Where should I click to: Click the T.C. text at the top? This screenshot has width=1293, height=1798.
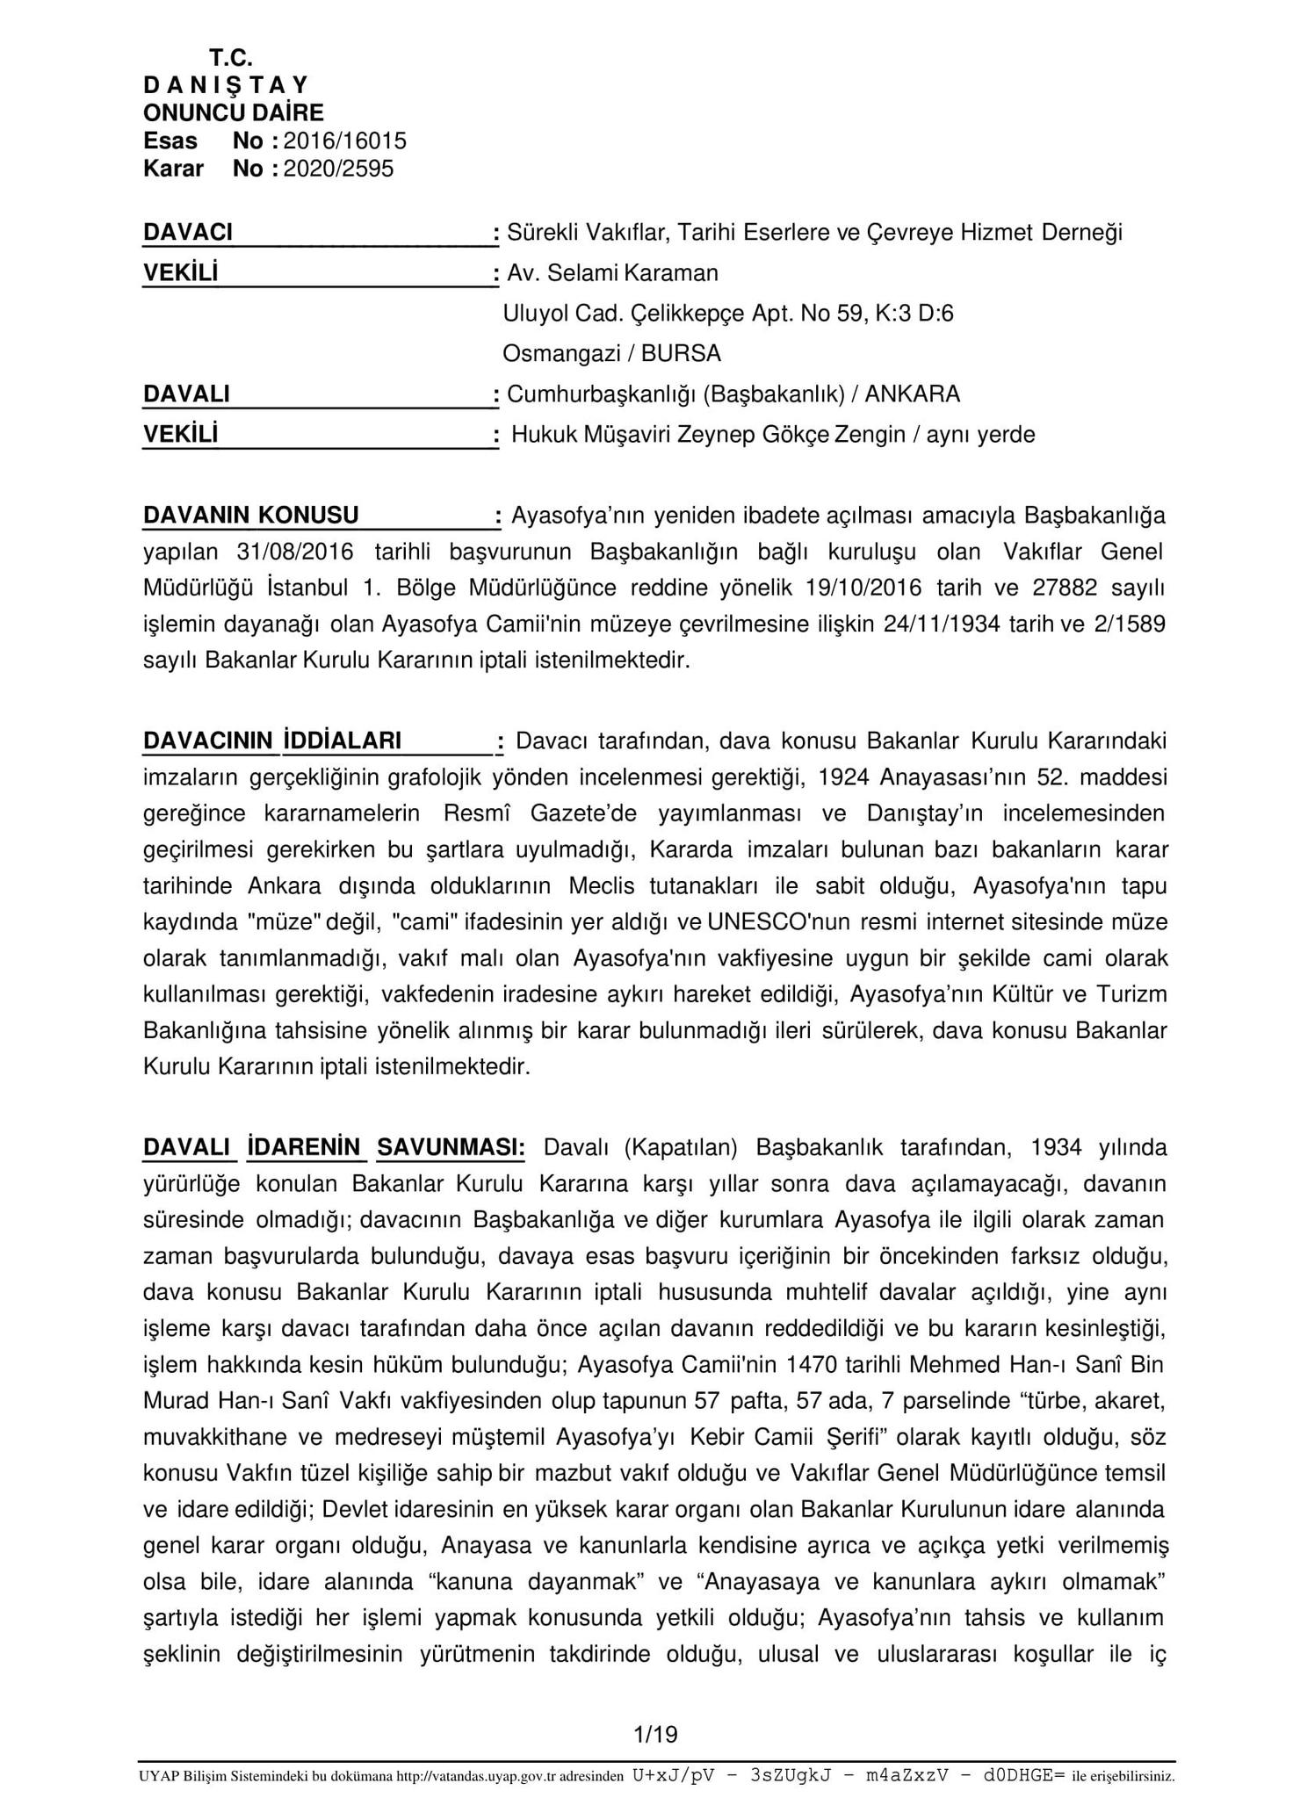pyautogui.click(x=231, y=58)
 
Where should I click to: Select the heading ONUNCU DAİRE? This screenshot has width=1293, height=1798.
pyautogui.click(x=234, y=112)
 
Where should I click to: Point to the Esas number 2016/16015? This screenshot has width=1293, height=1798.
pyautogui.click(x=345, y=141)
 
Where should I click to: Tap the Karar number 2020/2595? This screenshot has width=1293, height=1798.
pyautogui.click(x=338, y=169)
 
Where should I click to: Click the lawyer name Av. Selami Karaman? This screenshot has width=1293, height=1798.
pyautogui.click(x=612, y=273)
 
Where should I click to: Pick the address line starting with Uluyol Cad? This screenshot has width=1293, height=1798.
pyautogui.click(x=727, y=314)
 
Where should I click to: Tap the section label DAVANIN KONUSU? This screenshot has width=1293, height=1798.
pyautogui.click(x=251, y=516)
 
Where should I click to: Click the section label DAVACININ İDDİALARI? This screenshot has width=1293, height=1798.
pyautogui.click(x=272, y=741)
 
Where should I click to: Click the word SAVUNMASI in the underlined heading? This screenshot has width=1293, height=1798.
pyautogui.click(x=451, y=1148)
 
